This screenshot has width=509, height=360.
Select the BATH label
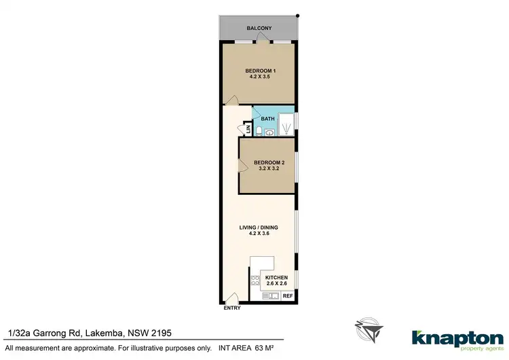(x=267, y=119)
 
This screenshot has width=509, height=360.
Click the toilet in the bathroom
(x=260, y=130)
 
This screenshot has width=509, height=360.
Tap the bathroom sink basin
(x=270, y=133)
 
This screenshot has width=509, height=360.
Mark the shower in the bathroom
(x=288, y=124)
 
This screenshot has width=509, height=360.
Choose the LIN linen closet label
(x=248, y=129)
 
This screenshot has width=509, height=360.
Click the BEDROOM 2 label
(x=267, y=162)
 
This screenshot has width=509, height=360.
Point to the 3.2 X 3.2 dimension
(x=267, y=169)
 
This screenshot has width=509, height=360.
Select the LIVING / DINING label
(x=259, y=227)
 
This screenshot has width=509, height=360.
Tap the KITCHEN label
(x=276, y=278)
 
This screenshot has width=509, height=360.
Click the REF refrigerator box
(x=288, y=295)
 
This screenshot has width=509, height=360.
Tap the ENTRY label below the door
(x=231, y=308)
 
